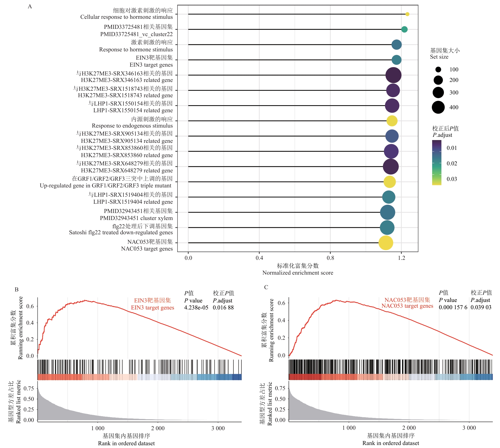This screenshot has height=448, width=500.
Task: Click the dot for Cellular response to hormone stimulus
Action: click(x=407, y=14)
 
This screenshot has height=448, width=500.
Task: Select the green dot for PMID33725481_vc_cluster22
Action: click(x=404, y=29)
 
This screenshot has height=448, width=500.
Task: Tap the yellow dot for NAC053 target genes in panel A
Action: click(x=386, y=243)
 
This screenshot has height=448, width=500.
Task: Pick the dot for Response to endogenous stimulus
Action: click(x=392, y=121)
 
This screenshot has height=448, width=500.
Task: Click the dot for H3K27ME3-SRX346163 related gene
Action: click(x=393, y=75)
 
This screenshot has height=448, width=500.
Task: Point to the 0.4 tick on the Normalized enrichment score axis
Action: click(x=259, y=258)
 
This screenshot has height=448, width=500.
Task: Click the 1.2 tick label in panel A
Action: click(x=401, y=258)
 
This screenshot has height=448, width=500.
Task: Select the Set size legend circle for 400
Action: click(x=438, y=107)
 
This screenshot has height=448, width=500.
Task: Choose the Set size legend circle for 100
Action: click(x=438, y=69)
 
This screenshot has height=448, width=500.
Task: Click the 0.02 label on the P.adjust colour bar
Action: click(x=452, y=163)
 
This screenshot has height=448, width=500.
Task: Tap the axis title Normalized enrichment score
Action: click(x=298, y=273)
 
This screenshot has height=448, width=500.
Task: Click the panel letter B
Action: click(x=17, y=289)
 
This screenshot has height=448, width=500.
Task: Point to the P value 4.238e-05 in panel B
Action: click(x=196, y=307)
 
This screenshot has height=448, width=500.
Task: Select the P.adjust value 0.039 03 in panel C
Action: click(x=481, y=307)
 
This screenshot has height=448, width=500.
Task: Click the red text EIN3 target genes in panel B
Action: click(x=152, y=307)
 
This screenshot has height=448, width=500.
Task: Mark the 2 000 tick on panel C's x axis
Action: click(x=409, y=428)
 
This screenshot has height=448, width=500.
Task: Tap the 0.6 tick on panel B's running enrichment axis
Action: click(x=30, y=306)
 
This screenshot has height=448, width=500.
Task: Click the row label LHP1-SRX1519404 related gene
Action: click(x=133, y=202)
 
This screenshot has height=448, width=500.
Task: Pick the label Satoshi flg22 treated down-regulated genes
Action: click(x=121, y=232)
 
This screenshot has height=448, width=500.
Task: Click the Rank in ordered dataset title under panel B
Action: click(x=126, y=443)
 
